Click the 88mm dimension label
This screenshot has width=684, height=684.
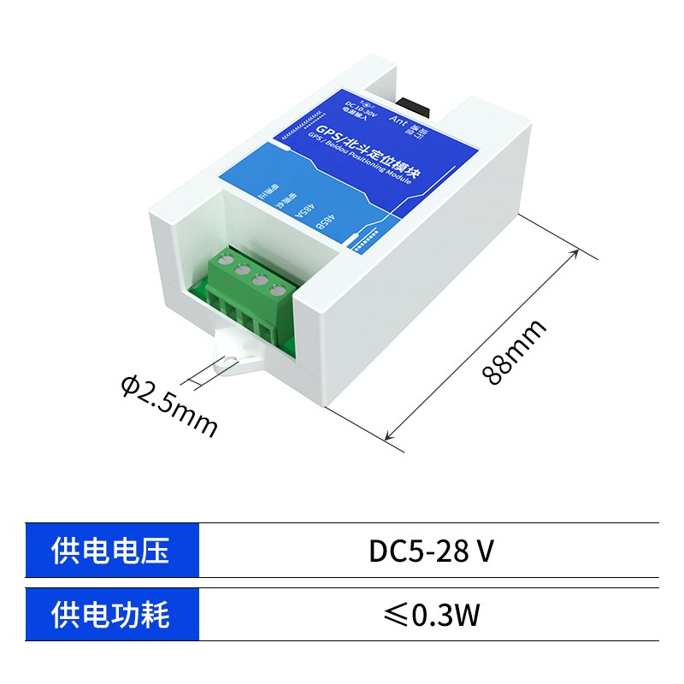pos(512,352)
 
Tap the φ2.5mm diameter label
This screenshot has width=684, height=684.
pos(169,407)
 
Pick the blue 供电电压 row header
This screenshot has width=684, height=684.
pos(112,551)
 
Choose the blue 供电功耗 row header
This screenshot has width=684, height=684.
pos(112,614)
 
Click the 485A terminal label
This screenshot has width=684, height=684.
pos(306,207)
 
